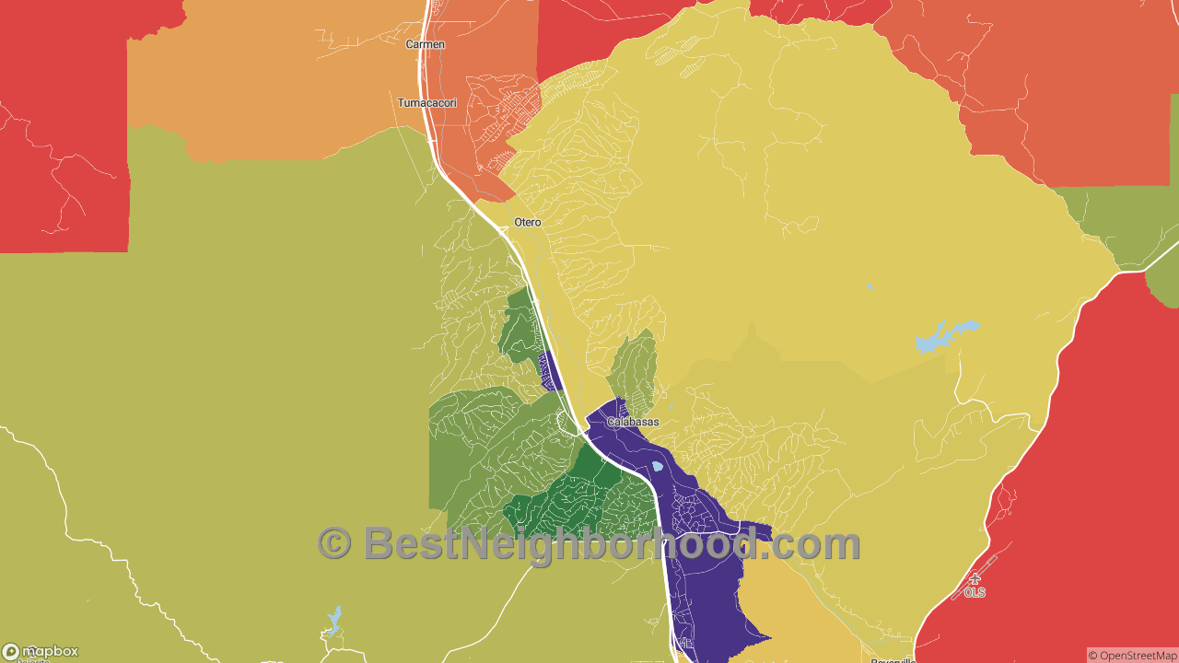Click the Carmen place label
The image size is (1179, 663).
426,44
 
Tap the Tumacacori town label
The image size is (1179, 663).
426,103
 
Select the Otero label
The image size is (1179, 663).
528,223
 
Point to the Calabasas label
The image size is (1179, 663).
633,422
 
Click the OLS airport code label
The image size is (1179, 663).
975,592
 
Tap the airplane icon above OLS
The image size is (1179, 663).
975,579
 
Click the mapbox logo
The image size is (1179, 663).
41,651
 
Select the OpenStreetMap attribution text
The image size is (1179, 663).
1132,656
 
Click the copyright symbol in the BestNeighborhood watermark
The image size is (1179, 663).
334,543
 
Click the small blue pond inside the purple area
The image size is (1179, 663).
658,466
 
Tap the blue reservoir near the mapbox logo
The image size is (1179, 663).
333,620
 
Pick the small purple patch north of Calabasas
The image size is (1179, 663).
550,372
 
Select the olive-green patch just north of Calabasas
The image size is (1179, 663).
634,368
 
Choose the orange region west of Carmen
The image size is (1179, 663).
276,83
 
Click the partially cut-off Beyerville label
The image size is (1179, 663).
893,659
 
